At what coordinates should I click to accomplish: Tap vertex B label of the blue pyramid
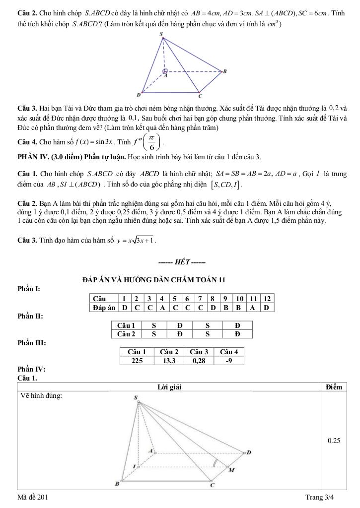point(225,71)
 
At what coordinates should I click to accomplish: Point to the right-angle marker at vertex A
point(165,71)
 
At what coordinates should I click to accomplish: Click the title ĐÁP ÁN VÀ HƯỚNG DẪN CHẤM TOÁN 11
point(154,280)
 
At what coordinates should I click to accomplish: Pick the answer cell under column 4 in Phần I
point(162,308)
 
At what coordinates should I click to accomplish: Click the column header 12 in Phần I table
point(267,299)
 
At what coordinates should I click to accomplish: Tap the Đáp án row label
point(103,308)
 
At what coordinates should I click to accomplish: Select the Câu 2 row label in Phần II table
point(126,334)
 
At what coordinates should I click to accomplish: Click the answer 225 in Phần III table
point(137,361)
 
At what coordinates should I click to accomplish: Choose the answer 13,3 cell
point(169,361)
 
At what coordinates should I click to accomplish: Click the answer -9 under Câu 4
point(228,361)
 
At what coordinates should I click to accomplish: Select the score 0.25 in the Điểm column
point(333,440)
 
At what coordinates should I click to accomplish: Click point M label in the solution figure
point(230,470)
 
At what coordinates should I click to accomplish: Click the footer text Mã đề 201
point(33,497)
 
